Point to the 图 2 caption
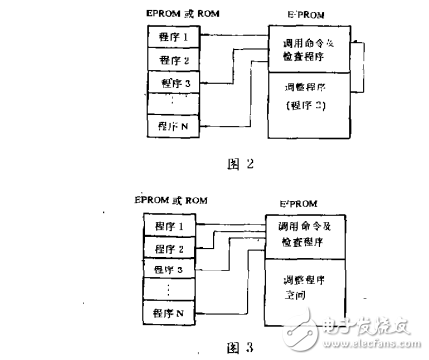[x=229, y=164]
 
